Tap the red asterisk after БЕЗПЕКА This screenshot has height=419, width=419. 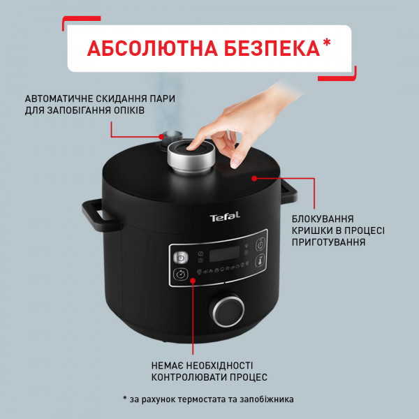[328, 43]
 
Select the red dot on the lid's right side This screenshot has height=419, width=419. [254, 178]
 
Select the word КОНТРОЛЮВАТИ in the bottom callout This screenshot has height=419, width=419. [190, 376]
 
